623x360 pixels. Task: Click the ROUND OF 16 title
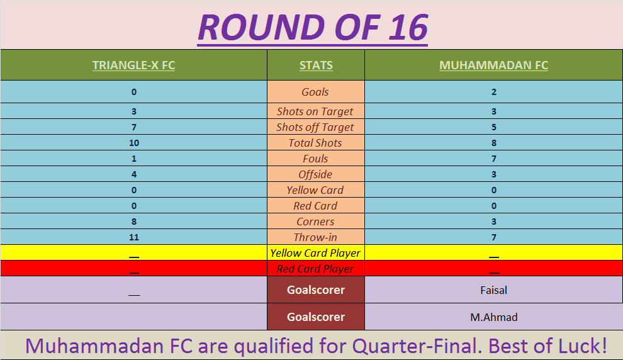pyautogui.click(x=313, y=28)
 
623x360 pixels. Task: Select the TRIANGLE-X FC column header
pyautogui.click(x=133, y=65)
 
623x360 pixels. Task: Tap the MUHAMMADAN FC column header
pyautogui.click(x=493, y=65)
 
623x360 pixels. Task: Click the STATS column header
pyautogui.click(x=316, y=65)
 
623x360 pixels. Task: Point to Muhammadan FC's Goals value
pyautogui.click(x=494, y=92)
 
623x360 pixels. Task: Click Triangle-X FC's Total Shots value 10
pyautogui.click(x=134, y=143)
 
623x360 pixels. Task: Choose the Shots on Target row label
pyautogui.click(x=315, y=111)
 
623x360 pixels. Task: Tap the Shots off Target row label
pyautogui.click(x=315, y=127)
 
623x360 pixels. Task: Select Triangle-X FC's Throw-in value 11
pyautogui.click(x=134, y=238)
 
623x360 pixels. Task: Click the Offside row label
pyautogui.click(x=315, y=174)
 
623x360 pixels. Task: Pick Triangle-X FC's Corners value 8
pyautogui.click(x=134, y=222)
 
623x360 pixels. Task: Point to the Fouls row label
pyautogui.click(x=315, y=159)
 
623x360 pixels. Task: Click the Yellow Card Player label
pyautogui.click(x=315, y=253)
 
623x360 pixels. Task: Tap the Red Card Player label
pyautogui.click(x=315, y=269)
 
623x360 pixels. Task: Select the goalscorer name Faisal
pyautogui.click(x=493, y=290)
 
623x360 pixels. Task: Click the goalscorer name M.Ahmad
pyautogui.click(x=494, y=317)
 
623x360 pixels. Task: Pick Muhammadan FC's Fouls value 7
pyautogui.click(x=494, y=159)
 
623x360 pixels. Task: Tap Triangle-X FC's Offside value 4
pyautogui.click(x=134, y=174)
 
